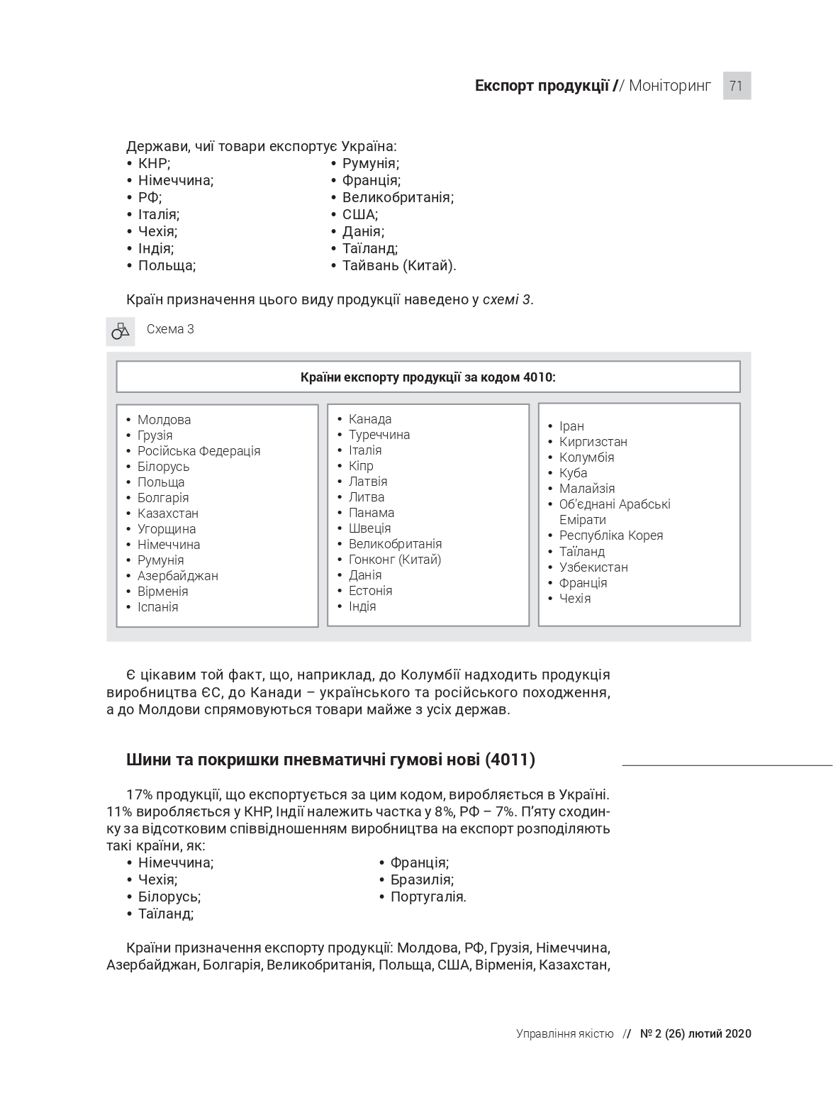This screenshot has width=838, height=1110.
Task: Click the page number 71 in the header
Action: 736,86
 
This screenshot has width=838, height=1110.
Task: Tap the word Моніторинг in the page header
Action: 669,86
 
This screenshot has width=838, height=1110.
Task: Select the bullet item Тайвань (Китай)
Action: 398,266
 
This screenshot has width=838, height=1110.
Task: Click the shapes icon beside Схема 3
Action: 121,331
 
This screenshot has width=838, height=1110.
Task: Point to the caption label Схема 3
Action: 170,329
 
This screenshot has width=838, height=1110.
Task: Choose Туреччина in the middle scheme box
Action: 379,435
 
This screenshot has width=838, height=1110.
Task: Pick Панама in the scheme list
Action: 371,513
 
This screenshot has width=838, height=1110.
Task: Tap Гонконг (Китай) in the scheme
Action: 394,560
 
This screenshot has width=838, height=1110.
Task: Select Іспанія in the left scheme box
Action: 157,607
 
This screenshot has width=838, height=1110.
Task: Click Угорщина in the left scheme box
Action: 166,529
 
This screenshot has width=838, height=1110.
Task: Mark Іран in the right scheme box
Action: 571,426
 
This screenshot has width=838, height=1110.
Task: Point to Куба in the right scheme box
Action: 573,473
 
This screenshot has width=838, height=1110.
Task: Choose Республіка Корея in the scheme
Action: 610,535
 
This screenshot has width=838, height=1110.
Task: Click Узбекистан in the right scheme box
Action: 593,567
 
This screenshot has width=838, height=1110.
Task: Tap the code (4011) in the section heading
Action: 510,760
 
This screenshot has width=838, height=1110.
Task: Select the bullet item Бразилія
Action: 421,880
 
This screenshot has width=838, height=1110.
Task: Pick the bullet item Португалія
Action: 428,897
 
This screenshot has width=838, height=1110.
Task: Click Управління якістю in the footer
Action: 564,1034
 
